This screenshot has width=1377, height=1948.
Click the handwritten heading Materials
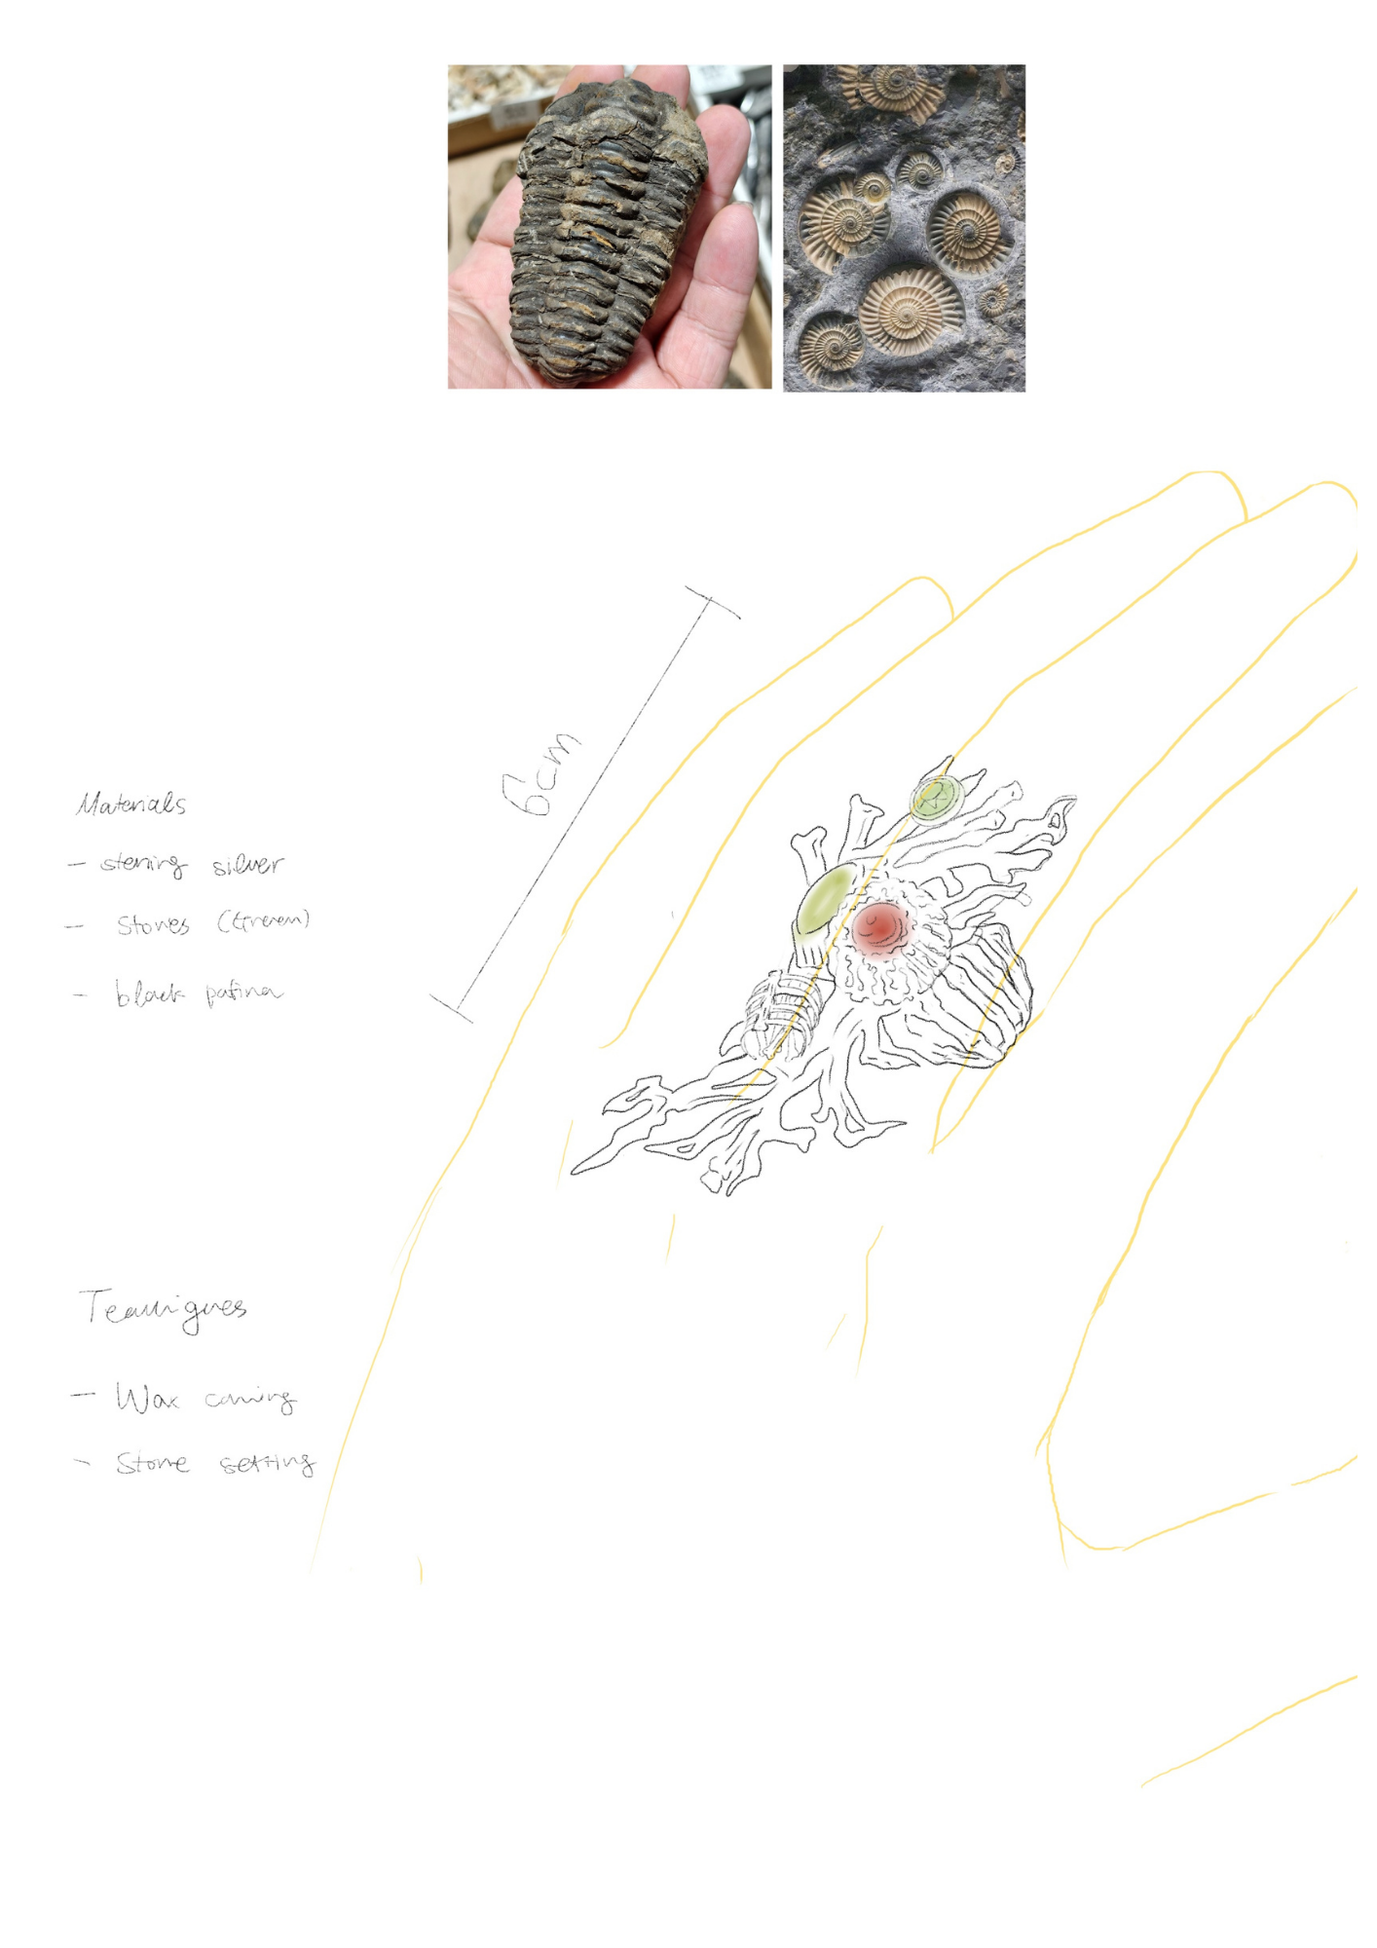tap(131, 805)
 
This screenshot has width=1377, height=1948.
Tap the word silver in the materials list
tap(248, 864)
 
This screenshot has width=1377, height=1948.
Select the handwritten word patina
tap(243, 993)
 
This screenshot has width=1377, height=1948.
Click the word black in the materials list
tap(148, 993)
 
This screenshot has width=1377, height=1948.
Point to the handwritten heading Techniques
tap(163, 1309)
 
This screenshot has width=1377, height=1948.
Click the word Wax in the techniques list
tap(147, 1399)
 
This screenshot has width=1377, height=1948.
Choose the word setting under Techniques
tap(267, 1464)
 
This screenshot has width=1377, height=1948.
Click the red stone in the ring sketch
tap(880, 925)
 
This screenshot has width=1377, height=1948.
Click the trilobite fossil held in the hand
tap(609, 229)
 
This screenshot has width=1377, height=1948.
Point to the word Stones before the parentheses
tap(153, 924)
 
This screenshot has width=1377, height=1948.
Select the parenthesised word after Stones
tap(263, 920)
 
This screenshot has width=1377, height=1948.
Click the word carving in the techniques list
tap(249, 1400)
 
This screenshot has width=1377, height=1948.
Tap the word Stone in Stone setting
tap(152, 1464)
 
